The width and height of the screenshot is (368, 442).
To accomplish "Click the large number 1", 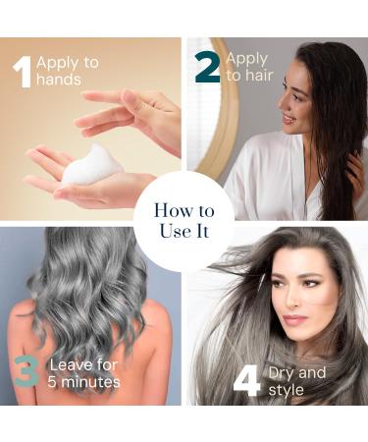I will [21, 73].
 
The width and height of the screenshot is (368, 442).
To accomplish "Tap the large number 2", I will [208, 66].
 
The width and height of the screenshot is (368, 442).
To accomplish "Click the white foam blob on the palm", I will [92, 164].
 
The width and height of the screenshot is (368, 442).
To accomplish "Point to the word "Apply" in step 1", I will [58, 63].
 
